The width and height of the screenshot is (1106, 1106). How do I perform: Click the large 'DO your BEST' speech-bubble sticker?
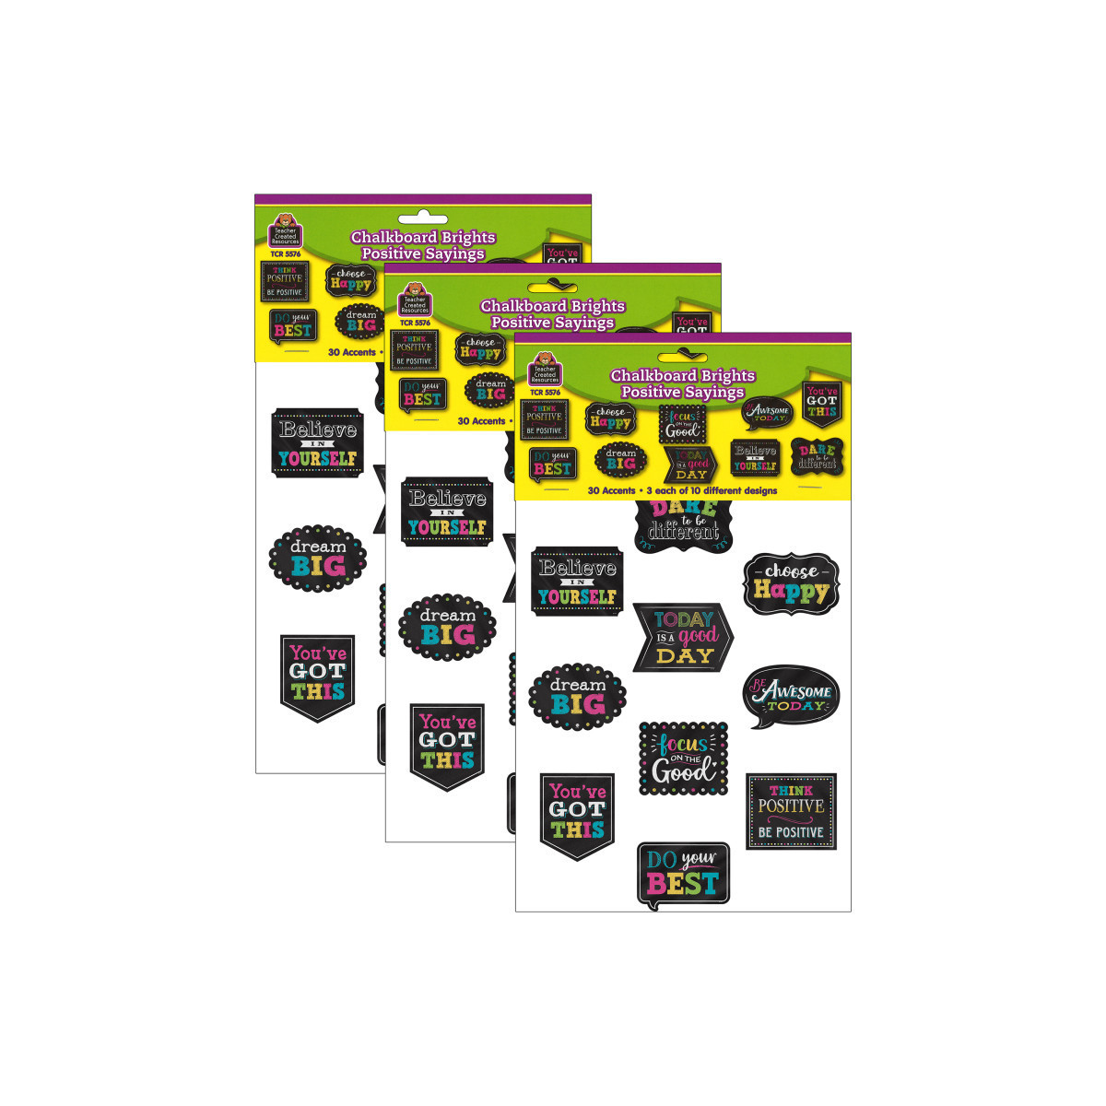tap(683, 873)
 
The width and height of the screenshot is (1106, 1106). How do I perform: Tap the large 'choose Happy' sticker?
tap(791, 583)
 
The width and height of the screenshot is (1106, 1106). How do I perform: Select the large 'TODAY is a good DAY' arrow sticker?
tap(683, 637)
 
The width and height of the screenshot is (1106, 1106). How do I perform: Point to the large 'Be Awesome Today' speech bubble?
tap(791, 696)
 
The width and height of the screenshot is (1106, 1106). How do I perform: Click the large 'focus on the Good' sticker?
tap(683, 759)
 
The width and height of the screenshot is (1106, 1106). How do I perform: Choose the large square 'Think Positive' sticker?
tap(791, 811)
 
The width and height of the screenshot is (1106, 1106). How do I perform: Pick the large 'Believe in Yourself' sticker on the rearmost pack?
tap(318, 442)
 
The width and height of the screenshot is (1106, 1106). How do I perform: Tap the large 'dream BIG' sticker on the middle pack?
tap(447, 626)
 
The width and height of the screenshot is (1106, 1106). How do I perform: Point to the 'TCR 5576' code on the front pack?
tap(545, 393)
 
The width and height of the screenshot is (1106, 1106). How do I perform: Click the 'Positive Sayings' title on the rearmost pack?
tap(423, 253)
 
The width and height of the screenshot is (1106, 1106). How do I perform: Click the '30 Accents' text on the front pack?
tap(612, 490)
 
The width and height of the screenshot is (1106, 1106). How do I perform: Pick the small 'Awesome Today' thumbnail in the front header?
tap(768, 414)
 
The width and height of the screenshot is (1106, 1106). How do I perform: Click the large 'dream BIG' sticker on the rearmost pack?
tap(317, 557)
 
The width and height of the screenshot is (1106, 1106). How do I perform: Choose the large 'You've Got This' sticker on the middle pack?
tap(447, 746)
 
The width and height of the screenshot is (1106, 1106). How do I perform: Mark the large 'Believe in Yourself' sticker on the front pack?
tap(577, 581)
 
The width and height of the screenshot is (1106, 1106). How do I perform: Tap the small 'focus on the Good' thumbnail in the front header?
tap(683, 423)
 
